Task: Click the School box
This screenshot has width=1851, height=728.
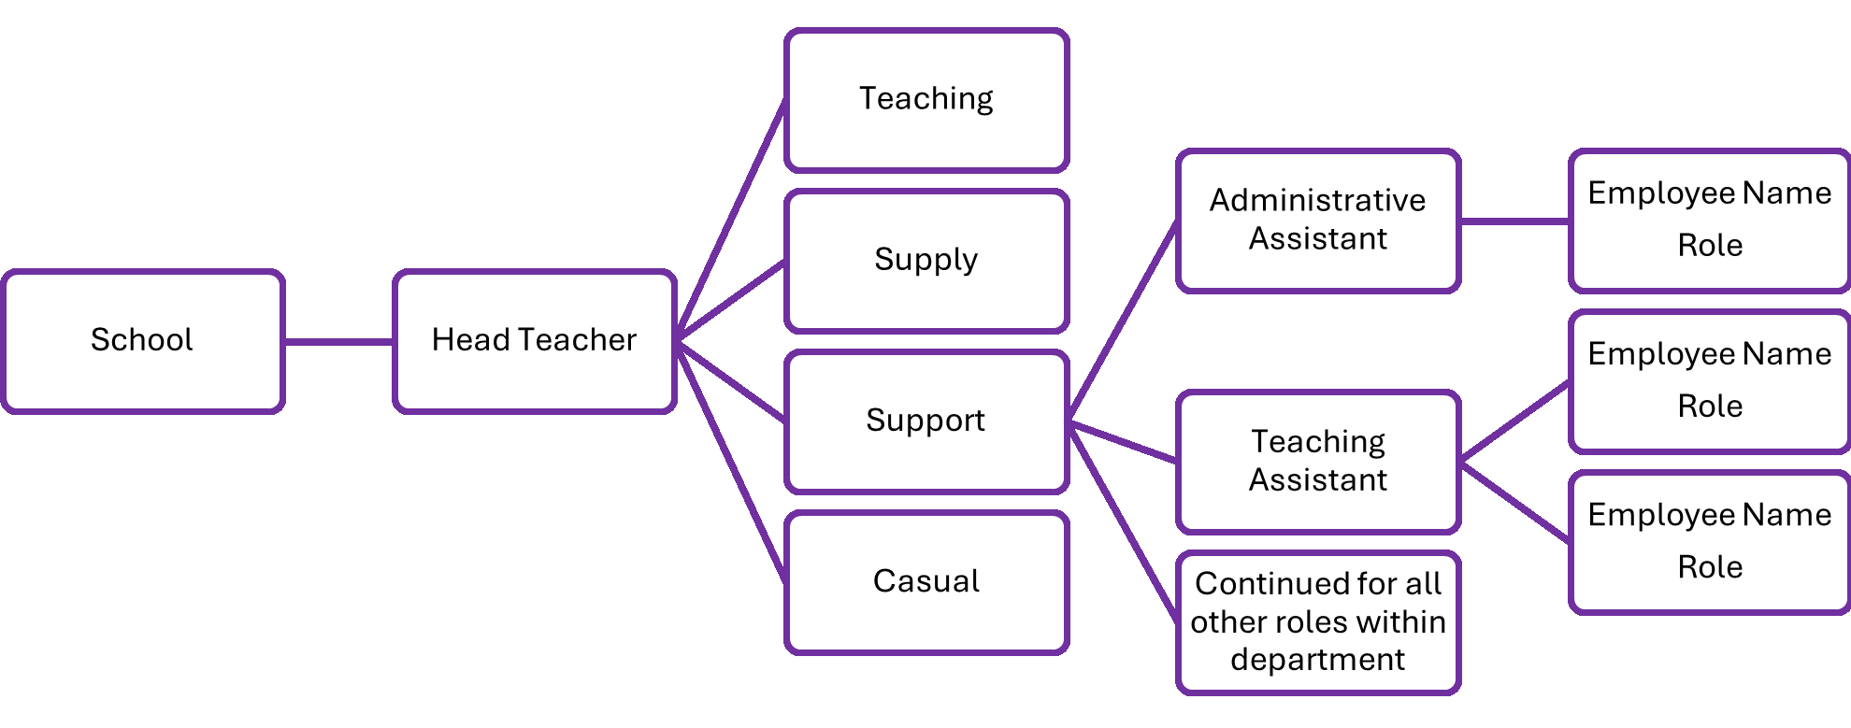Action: [142, 341]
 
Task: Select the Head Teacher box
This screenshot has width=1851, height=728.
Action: [534, 341]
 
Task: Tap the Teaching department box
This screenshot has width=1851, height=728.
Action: [926, 100]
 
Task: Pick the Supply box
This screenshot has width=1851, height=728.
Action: [926, 261]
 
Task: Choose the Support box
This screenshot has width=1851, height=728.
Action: [926, 421]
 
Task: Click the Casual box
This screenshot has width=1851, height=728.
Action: [926, 582]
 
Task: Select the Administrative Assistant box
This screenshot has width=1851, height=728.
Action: [1318, 221]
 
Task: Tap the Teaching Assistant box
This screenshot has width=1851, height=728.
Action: [1318, 462]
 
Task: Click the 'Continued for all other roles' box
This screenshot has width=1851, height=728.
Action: [1318, 622]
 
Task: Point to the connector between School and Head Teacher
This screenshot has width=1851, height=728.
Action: [338, 341]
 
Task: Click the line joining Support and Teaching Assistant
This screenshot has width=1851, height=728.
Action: [1123, 441]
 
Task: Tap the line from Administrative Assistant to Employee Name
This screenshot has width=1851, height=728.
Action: [1514, 221]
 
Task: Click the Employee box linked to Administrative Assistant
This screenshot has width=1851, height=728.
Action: [1710, 221]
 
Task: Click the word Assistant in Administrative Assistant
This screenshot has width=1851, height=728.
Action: [1318, 239]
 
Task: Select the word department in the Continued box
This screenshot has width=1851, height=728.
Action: [1317, 660]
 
